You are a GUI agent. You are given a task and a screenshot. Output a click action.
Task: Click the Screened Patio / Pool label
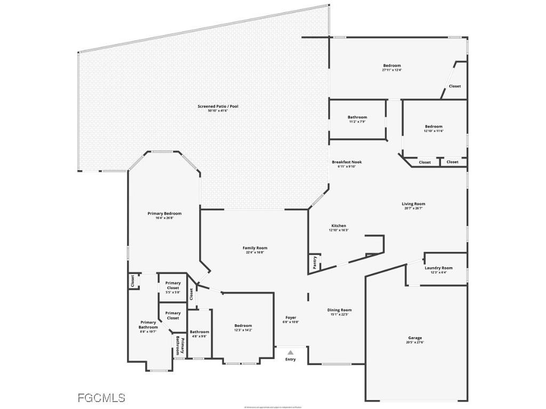point(218,107)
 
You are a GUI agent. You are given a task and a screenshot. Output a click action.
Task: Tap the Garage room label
point(415,338)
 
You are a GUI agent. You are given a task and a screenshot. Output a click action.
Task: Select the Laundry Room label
point(438,268)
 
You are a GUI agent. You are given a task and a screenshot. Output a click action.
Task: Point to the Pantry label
point(315,262)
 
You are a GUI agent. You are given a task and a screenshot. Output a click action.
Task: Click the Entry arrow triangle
point(290,352)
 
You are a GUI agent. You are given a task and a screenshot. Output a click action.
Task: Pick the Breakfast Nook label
point(347,162)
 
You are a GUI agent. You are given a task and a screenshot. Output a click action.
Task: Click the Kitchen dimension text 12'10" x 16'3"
point(339,231)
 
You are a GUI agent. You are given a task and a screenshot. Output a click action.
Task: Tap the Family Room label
point(255,248)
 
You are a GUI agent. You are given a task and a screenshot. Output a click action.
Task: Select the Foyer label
point(291,318)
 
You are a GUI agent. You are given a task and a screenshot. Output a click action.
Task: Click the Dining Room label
point(339,310)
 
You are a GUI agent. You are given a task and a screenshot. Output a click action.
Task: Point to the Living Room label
point(413,204)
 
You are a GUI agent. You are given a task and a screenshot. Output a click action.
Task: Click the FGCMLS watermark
point(101,398)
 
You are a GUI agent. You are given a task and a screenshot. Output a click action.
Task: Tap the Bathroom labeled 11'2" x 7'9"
point(357,117)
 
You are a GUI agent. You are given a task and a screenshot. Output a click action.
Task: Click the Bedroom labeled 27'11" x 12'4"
point(392,66)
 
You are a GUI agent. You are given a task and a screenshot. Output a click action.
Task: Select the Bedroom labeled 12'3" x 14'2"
point(243,326)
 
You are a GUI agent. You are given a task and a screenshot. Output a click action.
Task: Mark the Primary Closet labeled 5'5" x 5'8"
point(173,285)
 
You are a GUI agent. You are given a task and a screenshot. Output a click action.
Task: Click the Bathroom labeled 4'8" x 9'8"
point(199,332)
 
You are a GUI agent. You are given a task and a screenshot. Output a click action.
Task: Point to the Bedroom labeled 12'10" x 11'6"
point(433,127)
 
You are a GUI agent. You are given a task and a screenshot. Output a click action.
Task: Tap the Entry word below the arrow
point(290,359)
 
